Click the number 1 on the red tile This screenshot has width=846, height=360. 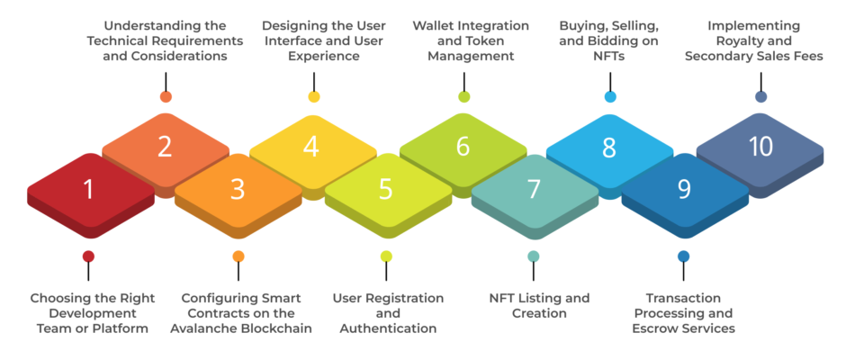tap(88, 189)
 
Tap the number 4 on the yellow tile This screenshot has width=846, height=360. tap(311, 147)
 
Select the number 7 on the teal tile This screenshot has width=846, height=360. tap(534, 189)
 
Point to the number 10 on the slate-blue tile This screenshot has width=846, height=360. tap(760, 147)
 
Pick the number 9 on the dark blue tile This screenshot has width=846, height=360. tap(684, 189)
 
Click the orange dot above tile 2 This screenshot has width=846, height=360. tap(166, 97)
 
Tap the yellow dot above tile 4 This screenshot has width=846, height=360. tap(313, 97)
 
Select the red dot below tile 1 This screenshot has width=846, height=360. tap(88, 256)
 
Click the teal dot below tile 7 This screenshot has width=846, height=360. tap(534, 256)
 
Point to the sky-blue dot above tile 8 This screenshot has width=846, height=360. tap(610, 97)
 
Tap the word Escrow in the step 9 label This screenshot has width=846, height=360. tap(654, 328)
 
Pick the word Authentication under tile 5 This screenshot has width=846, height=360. tap(388, 328)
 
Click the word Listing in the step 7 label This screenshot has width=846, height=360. tap(538, 299)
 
